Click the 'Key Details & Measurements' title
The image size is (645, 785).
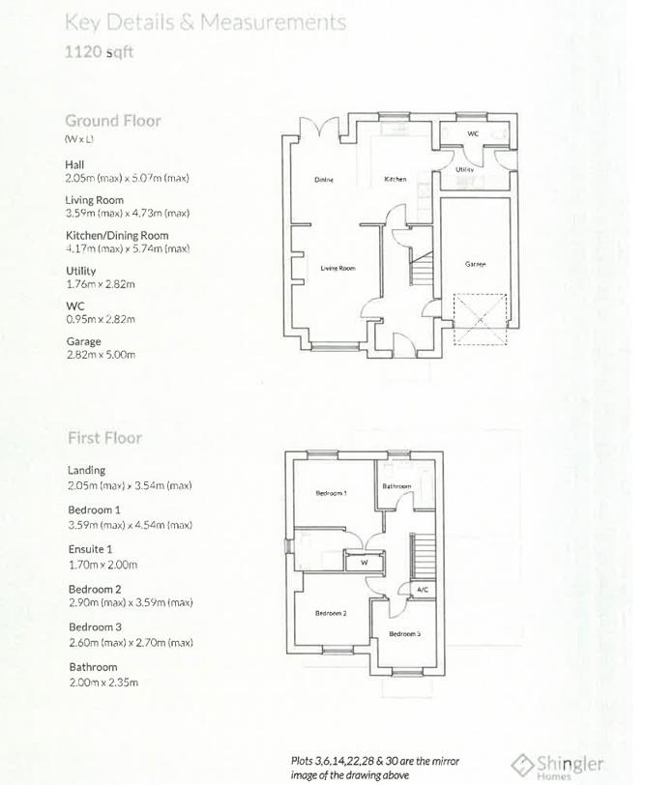coord(205,20)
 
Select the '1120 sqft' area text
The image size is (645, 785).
coord(99,52)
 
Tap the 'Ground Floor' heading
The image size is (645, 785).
coord(113,121)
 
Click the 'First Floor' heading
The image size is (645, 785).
coord(104,438)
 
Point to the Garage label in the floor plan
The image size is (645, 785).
coord(475,264)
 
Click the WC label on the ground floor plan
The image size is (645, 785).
coord(473,133)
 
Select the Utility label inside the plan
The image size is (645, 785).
coord(465,169)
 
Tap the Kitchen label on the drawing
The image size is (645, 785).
coord(395,179)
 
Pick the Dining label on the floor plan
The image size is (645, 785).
coord(324,179)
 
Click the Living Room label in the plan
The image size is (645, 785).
coord(338,268)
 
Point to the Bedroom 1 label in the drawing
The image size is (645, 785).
coord(332,493)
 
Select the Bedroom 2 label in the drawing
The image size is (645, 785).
coord(332,613)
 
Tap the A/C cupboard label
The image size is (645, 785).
coord(422,589)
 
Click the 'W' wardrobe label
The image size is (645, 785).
coord(365,562)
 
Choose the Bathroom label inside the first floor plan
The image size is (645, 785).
coord(396,486)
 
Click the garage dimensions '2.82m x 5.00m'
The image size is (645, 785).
coord(101,355)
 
